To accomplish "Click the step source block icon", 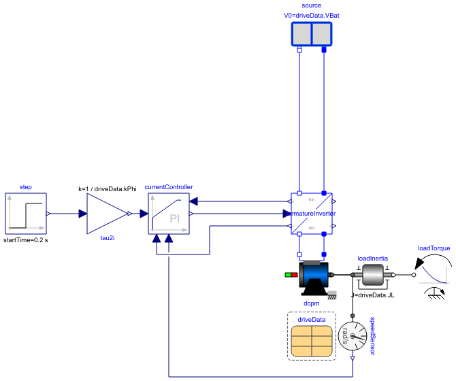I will click(x=26, y=214).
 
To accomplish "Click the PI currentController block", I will click(x=169, y=214).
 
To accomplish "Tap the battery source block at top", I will click(x=311, y=34).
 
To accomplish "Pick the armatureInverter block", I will click(x=312, y=214).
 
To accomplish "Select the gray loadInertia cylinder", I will click(x=372, y=275).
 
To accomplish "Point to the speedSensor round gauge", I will click(x=353, y=336).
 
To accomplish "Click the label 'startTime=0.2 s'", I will click(x=26, y=240).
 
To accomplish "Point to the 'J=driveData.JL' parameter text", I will click(x=373, y=295).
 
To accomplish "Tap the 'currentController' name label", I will click(x=169, y=186).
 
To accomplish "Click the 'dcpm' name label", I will click(x=312, y=303).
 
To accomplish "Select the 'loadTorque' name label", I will click(x=434, y=248).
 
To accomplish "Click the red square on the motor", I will click(x=295, y=275).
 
